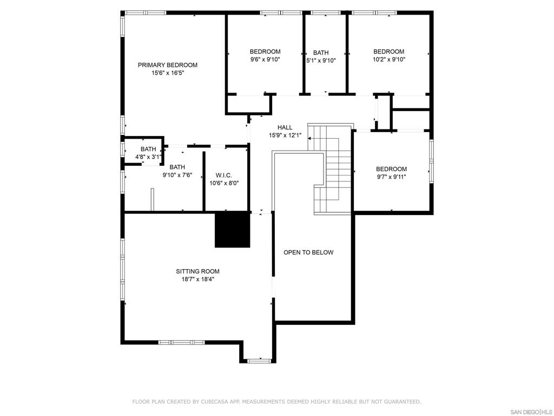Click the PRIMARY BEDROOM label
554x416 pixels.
coord(168,65)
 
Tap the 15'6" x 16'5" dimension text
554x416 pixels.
coord(168,73)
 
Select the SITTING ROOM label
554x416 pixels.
coord(197,271)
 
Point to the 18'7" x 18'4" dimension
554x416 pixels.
coord(198,279)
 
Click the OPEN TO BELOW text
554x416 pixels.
coord(308,252)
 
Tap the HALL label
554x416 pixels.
coord(285,127)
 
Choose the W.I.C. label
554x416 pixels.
coord(224,175)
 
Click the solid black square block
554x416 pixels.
coord(233,229)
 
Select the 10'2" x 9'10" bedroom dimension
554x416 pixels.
coord(389,60)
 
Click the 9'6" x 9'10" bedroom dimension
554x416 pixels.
coord(265,60)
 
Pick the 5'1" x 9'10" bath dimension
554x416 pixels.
coord(321,61)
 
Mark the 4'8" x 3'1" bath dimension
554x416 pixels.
coord(148,157)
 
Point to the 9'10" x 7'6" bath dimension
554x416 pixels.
coord(177,175)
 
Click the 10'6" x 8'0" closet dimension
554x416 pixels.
coord(224,183)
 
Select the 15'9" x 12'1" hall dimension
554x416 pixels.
coord(285,135)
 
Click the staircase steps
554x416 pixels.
coord(331,170)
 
